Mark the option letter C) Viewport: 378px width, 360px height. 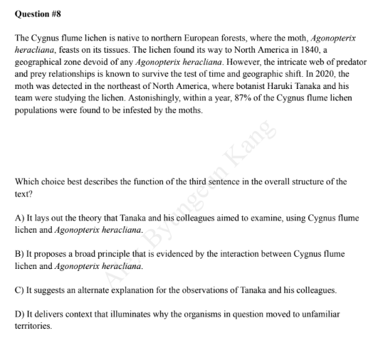(21, 290)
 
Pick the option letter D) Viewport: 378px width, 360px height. (21, 313)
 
